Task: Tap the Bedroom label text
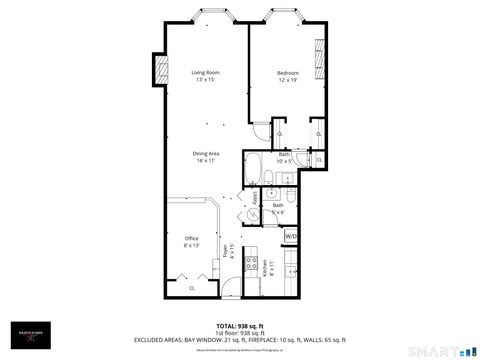click(x=288, y=72)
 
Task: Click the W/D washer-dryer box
click(x=290, y=236)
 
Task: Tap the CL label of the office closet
click(x=192, y=287)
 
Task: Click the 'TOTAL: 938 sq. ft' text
click(x=239, y=325)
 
